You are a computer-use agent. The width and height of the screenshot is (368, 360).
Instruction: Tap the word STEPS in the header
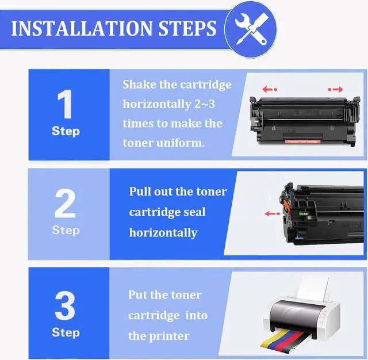[187, 28]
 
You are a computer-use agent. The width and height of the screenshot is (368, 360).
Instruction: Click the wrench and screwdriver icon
[251, 29]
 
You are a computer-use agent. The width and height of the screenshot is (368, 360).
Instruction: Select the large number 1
[65, 104]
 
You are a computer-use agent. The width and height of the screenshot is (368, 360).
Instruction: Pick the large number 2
[65, 203]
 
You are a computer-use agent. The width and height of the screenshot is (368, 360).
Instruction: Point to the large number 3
[65, 305]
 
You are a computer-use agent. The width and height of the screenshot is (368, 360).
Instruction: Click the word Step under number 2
[66, 230]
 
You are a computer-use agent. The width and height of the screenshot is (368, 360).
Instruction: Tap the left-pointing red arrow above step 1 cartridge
[270, 89]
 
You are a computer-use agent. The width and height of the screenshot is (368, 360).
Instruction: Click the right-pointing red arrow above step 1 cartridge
[335, 89]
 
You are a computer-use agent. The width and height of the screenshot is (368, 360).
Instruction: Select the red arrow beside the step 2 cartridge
[272, 213]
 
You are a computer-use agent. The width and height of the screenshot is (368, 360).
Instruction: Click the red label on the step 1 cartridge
[303, 141]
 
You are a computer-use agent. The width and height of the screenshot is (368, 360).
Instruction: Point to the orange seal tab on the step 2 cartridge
[286, 205]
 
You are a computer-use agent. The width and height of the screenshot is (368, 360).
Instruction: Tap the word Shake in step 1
[139, 85]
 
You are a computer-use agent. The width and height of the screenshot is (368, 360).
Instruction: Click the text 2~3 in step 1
[205, 104]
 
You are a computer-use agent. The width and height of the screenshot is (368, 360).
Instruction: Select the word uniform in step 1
[180, 143]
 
